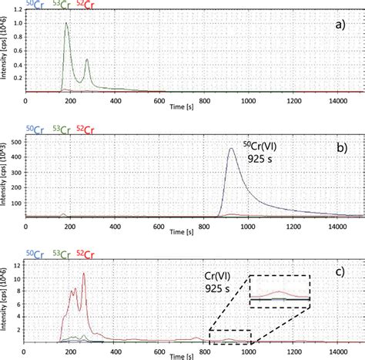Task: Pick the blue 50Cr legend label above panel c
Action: (x=32, y=254)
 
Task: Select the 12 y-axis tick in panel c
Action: (x=20, y=264)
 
